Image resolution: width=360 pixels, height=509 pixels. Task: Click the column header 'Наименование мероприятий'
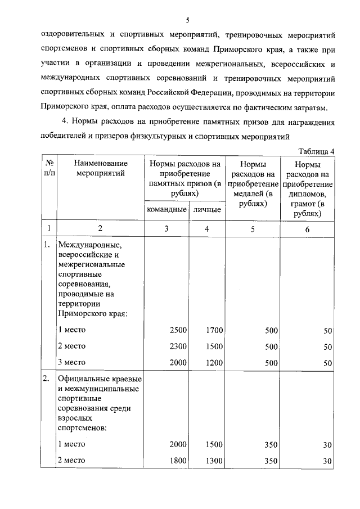100,168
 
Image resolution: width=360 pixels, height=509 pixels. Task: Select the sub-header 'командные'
166,210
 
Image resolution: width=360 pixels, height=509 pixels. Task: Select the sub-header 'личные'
206,210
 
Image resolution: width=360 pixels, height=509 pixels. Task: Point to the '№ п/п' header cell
49,168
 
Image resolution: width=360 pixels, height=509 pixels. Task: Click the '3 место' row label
71,363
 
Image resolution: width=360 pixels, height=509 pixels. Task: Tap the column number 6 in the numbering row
307,229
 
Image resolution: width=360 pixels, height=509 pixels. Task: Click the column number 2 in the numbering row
100,229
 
